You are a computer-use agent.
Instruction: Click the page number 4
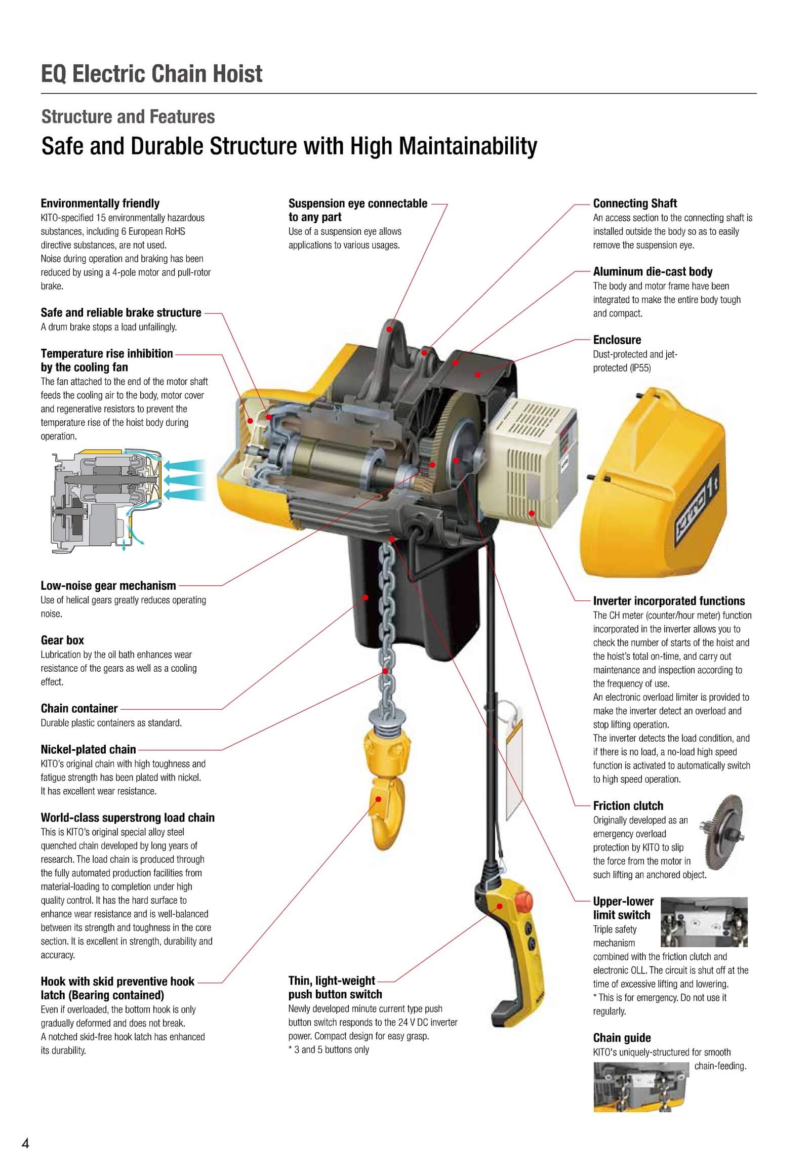tap(25, 1144)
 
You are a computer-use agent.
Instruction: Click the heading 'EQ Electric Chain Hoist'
tap(152, 74)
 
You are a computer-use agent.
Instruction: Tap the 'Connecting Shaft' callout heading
tap(634, 204)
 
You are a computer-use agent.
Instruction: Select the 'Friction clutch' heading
tap(628, 805)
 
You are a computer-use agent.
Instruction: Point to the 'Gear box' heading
tap(62, 640)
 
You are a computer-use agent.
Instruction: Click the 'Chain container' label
tap(79, 708)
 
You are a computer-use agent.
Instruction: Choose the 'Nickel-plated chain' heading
tap(88, 749)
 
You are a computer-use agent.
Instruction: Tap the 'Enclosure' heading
tap(617, 340)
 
